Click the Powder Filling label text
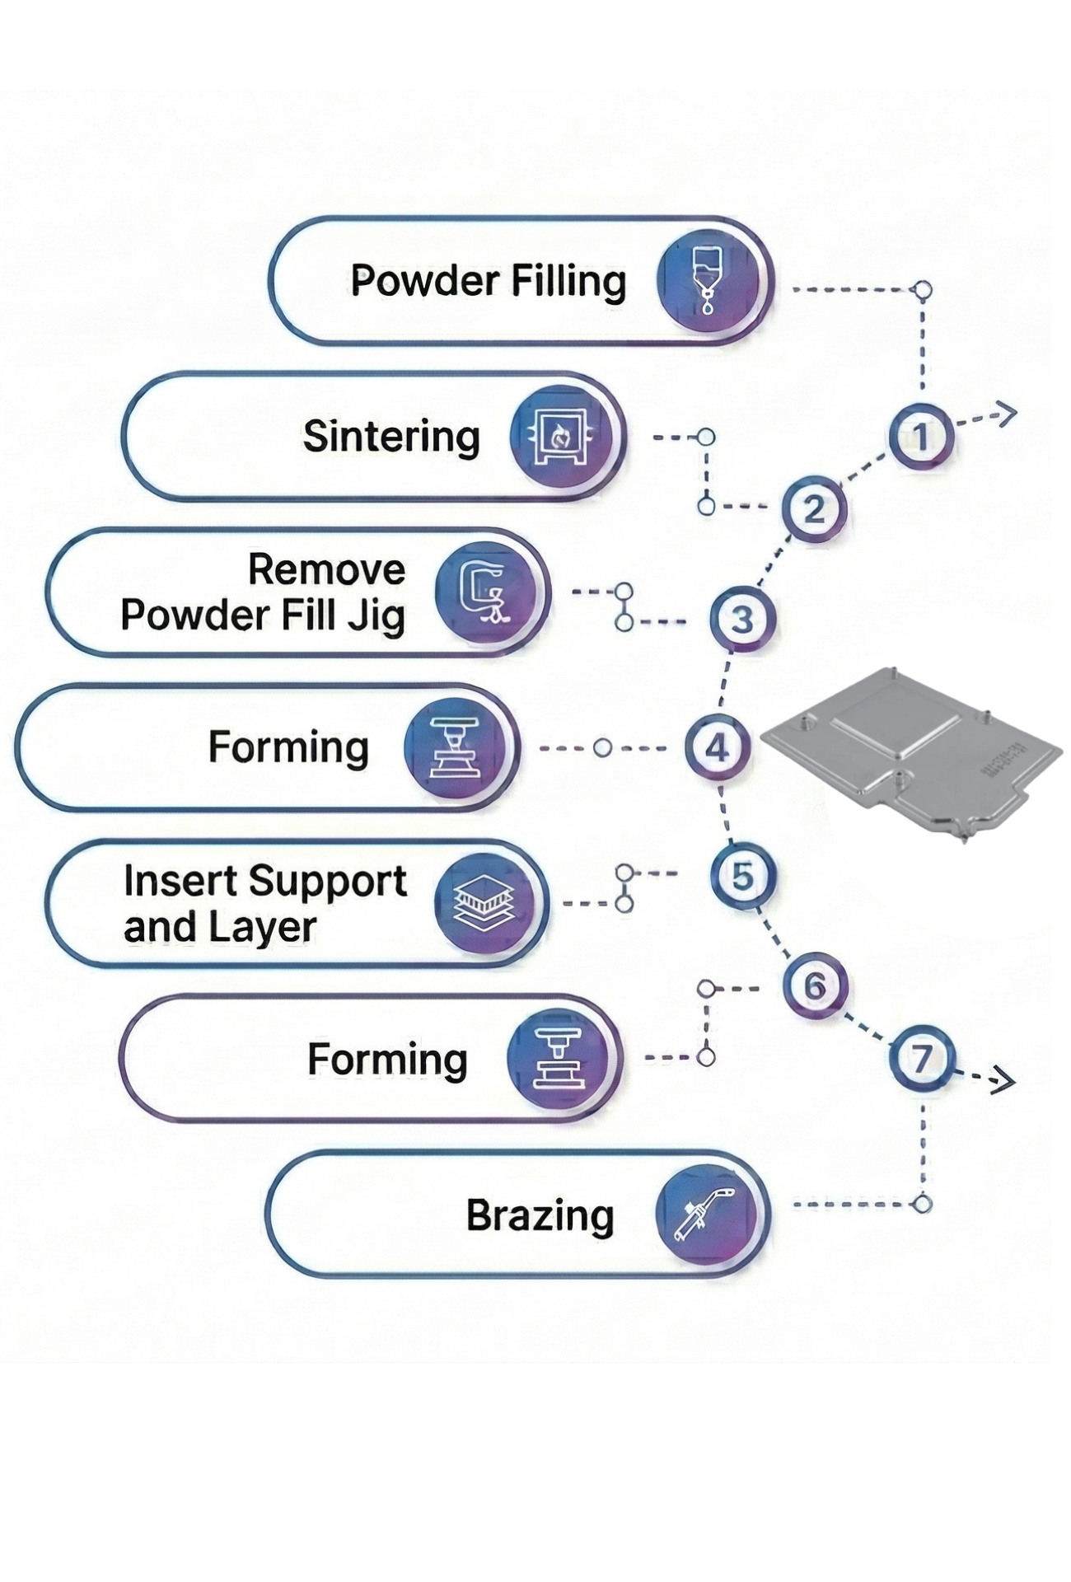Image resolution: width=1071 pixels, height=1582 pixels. tap(488, 281)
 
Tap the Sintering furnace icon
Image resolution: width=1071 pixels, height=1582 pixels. tap(560, 437)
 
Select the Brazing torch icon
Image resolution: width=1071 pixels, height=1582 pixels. tap(705, 1214)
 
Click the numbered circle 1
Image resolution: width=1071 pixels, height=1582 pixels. tap(920, 437)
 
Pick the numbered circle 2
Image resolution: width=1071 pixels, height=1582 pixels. tap(813, 509)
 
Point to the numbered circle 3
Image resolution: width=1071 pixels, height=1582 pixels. tap(742, 620)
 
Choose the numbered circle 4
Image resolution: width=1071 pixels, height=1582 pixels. tap(717, 748)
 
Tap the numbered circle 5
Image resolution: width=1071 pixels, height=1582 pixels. tap(742, 875)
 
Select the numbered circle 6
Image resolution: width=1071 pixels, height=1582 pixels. tap(814, 985)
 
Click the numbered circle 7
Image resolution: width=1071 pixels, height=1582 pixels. tap(921, 1059)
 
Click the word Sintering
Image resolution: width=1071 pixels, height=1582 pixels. tap(391, 437)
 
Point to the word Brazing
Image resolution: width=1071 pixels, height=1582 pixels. tap(540, 1215)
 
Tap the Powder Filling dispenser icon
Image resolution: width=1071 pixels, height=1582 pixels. tap(706, 281)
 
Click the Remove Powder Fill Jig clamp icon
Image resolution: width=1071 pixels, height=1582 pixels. tap(485, 592)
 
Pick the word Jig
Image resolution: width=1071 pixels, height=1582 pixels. tap(376, 615)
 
